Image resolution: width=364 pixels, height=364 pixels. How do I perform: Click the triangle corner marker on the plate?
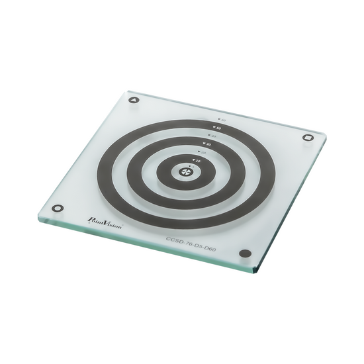click(134, 101)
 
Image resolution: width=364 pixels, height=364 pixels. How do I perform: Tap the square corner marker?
click(307, 138)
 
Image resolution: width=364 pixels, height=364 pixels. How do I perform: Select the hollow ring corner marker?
click(58, 207)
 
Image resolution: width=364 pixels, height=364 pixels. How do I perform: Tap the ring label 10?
click(199, 161)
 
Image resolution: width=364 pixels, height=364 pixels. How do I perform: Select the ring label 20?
click(203, 152)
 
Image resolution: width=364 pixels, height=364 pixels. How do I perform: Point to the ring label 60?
click(223, 120)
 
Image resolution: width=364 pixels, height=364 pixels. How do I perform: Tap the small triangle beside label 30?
click(204, 143)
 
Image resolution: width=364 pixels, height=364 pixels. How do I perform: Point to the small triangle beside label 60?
click(219, 119)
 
